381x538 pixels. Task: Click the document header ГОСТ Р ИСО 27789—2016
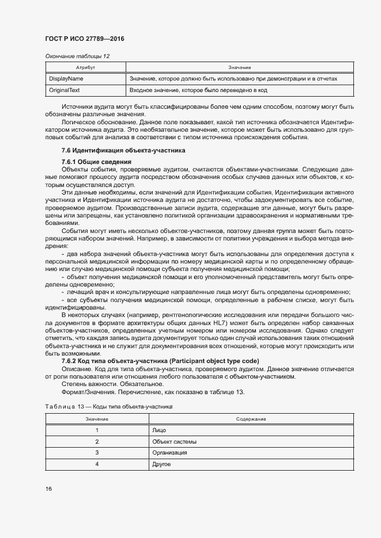click(85, 39)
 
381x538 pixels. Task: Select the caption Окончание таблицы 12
click(77, 56)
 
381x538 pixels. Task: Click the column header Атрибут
click(85, 67)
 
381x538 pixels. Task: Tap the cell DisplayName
click(66, 78)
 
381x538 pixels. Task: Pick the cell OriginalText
click(65, 90)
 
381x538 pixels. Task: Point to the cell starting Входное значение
click(198, 90)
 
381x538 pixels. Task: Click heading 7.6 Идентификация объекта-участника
click(123, 150)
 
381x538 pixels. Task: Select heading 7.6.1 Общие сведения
click(92, 162)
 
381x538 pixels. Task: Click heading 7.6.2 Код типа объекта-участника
click(160, 360)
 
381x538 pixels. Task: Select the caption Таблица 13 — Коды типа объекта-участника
click(110, 406)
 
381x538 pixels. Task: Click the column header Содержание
click(251, 419)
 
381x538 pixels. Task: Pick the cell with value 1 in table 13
click(97, 430)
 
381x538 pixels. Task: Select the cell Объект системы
click(174, 441)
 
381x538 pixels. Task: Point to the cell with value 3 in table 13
click(97, 453)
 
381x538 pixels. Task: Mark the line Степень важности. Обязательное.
click(103, 384)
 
